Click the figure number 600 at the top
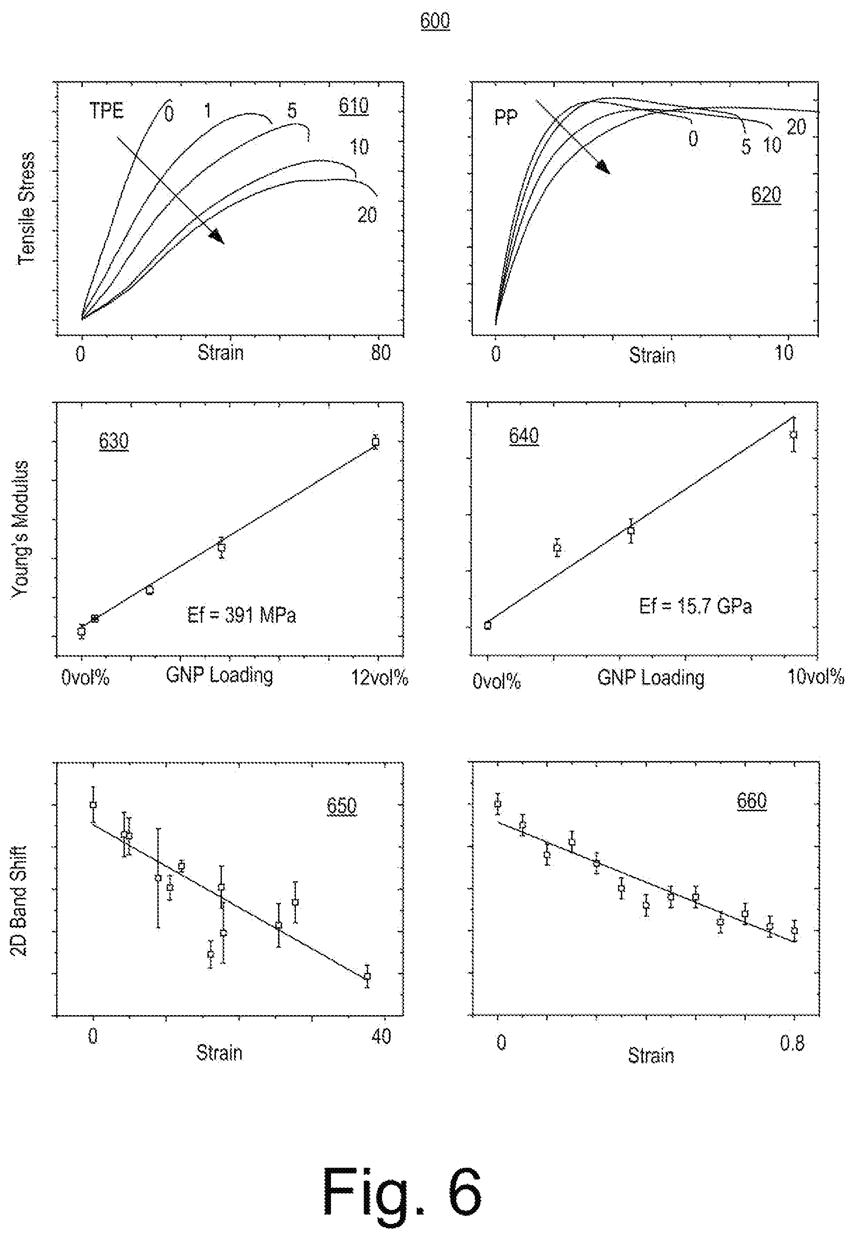pyautogui.click(x=434, y=21)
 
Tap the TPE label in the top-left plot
pyautogui.click(x=106, y=111)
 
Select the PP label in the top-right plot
pyautogui.click(x=506, y=117)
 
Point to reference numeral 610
pyautogui.click(x=353, y=105)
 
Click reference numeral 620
pyautogui.click(x=766, y=195)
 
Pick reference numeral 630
pyautogui.click(x=113, y=442)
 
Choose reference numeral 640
pyautogui.click(x=524, y=436)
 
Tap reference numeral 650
pyautogui.click(x=341, y=807)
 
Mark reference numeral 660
pyautogui.click(x=752, y=801)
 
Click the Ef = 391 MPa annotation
pyautogui.click(x=241, y=615)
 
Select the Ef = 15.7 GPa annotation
pyautogui.click(x=695, y=606)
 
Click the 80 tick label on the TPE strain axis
pyautogui.click(x=381, y=353)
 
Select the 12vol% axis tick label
pyautogui.click(x=379, y=678)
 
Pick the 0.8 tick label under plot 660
pyautogui.click(x=792, y=1043)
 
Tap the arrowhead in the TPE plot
pyautogui.click(x=217, y=236)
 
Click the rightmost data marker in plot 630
pyautogui.click(x=375, y=442)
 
